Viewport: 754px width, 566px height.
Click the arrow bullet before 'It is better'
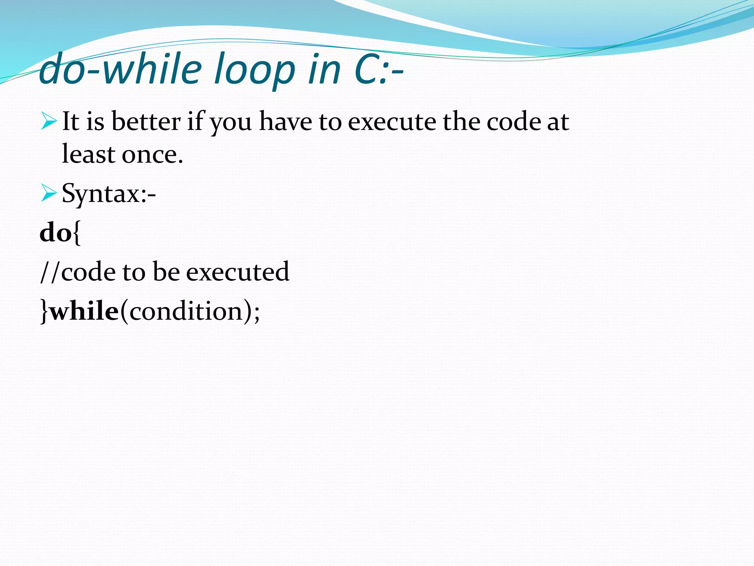pyautogui.click(x=49, y=122)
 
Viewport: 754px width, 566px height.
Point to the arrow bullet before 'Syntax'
pyautogui.click(x=49, y=193)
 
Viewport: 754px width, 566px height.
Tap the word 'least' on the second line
pyautogui.click(x=88, y=154)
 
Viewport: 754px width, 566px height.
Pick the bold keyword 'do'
pyautogui.click(x=56, y=233)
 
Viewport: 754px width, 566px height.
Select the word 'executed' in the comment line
pyautogui.click(x=237, y=272)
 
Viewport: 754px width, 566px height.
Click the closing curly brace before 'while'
pyautogui.click(x=44, y=312)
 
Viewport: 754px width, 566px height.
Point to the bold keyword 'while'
pyautogui.click(x=84, y=311)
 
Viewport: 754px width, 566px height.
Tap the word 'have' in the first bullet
pyautogui.click(x=286, y=122)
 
